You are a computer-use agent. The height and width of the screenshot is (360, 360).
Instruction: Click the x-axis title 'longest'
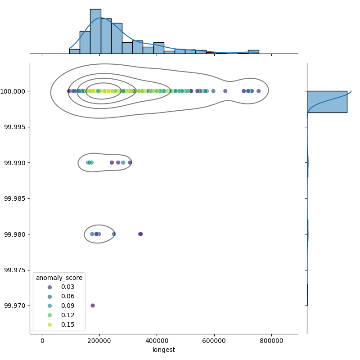pos(164,350)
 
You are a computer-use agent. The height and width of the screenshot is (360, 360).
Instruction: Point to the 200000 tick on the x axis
pos(99,340)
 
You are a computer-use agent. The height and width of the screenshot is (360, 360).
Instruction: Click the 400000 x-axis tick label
pos(157,340)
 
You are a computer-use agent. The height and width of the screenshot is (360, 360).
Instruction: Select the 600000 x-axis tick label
pos(214,340)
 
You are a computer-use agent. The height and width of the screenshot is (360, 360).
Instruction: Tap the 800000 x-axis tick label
pos(271,340)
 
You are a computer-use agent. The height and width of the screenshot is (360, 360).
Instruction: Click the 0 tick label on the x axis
pos(42,340)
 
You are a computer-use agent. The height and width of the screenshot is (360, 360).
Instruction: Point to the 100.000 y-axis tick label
pos(15,91)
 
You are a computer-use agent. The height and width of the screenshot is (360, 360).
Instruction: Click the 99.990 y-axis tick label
pos(15,162)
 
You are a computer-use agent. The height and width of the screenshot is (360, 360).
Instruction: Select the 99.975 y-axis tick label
pos(15,270)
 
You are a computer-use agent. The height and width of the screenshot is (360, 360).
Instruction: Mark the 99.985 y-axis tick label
pos(15,198)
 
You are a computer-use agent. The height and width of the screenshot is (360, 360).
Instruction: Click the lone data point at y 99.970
pos(93,306)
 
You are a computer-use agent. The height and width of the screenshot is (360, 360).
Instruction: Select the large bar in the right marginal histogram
pos(327,102)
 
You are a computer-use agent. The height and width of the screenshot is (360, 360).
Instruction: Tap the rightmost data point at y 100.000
pos(258,91)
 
